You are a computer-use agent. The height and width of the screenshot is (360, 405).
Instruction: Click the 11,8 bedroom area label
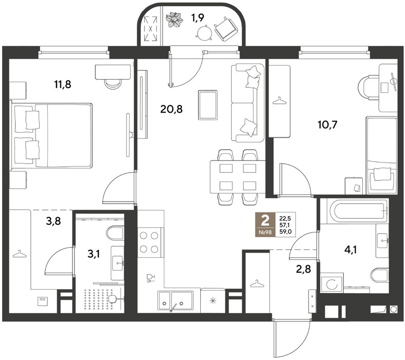point(63,84)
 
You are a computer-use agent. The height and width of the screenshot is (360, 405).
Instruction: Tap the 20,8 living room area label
point(171,109)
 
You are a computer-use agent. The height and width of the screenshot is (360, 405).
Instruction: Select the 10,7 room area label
point(327,125)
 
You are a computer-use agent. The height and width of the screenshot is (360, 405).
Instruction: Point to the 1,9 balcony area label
point(198,18)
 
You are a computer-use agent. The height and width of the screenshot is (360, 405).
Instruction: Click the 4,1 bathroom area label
point(350,249)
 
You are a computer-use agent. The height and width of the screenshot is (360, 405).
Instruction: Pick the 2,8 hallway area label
point(303,269)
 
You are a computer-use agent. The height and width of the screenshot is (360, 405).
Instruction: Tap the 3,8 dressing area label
point(54,221)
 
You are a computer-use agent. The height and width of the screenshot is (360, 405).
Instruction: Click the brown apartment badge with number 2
point(265,225)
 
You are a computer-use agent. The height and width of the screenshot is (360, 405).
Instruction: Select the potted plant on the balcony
point(174,20)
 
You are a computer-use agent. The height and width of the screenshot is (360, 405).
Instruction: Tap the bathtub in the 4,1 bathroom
point(358,211)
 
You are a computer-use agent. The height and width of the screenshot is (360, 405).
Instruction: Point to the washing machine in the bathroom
point(332,284)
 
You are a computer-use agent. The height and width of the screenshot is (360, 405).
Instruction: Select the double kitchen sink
point(175,300)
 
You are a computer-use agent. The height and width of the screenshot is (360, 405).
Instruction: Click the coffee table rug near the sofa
point(208,105)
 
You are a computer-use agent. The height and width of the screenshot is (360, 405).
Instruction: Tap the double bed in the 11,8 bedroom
point(51,136)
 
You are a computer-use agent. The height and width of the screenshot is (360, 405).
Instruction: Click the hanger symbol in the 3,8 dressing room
point(20,254)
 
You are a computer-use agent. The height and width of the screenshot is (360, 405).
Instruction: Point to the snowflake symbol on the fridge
point(213,301)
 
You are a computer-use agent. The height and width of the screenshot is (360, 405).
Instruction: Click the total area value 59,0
point(286,232)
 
